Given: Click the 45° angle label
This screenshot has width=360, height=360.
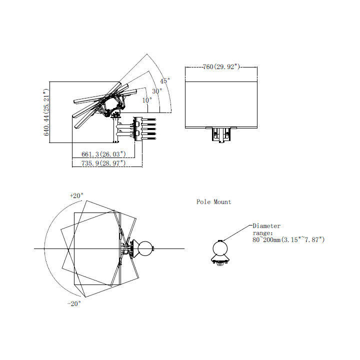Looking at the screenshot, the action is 165,81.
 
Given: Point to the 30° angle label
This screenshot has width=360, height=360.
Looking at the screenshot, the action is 157,91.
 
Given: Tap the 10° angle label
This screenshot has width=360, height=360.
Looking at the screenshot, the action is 147,100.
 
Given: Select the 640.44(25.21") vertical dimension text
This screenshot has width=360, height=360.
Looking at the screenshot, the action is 46,112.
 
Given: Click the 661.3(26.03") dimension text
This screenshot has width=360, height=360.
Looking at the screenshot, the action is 103,154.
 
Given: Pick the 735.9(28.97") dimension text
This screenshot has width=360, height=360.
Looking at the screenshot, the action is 103,163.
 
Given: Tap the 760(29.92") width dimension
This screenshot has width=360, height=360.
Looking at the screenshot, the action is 221,67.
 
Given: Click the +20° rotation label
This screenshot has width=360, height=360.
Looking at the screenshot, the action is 76,195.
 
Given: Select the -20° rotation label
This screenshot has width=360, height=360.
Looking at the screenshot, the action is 74,303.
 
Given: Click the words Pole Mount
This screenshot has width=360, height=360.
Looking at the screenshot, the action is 214,202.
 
